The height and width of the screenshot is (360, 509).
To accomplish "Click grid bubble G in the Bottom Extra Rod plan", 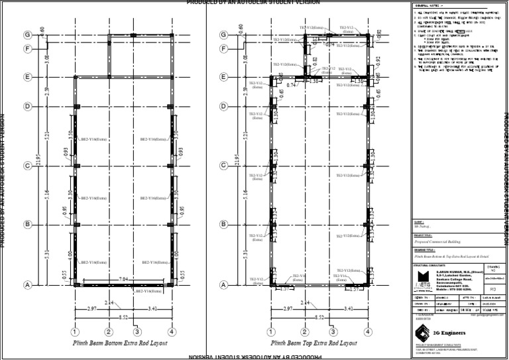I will click(x=28, y=34).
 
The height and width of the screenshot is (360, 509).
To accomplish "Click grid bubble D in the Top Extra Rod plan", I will click(x=226, y=106).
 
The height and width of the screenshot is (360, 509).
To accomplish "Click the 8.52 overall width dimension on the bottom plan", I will click(x=124, y=318).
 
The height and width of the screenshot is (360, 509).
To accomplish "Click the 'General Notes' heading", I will click(x=425, y=5).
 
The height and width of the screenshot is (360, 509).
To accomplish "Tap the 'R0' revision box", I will click(x=492, y=289).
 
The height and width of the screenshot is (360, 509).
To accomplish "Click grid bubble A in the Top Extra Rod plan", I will click(x=226, y=285).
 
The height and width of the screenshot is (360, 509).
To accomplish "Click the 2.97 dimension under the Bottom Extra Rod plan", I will click(x=91, y=309).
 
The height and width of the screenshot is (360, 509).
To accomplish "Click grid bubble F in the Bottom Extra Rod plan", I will click(x=28, y=48).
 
